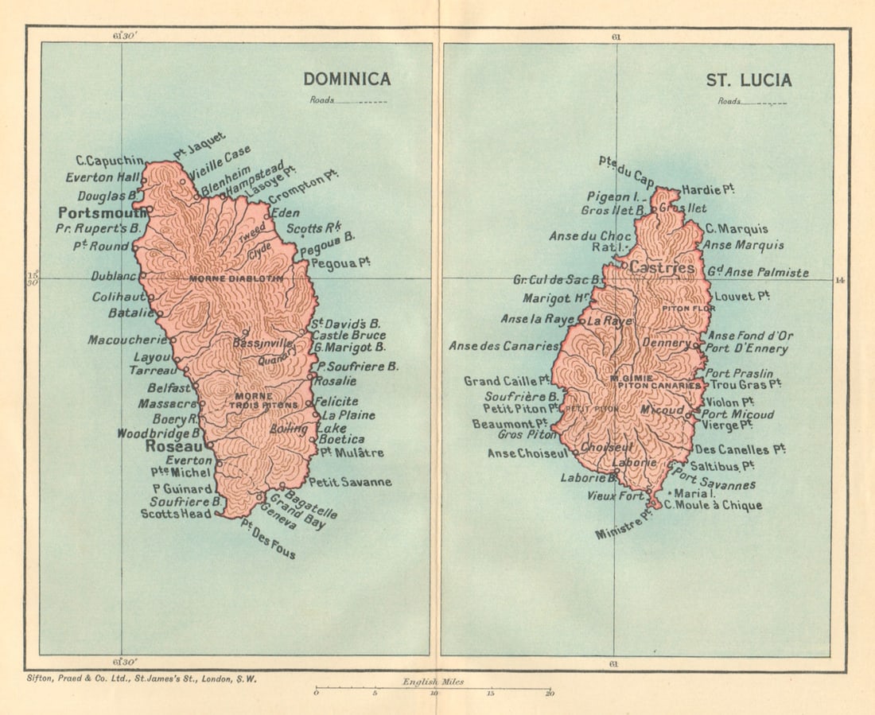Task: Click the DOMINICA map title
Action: tap(346, 80)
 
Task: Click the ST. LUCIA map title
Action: tap(749, 80)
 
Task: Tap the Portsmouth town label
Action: tap(100, 213)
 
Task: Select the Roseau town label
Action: tap(173, 447)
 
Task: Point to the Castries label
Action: tap(661, 269)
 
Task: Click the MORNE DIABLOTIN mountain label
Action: tap(236, 279)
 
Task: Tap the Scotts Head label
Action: tap(176, 514)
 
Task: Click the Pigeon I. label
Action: tap(613, 196)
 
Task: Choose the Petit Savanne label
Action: tap(350, 482)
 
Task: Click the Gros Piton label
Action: tap(527, 435)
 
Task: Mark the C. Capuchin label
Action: tap(110, 160)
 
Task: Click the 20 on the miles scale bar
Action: tap(549, 694)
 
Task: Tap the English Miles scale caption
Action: tap(433, 682)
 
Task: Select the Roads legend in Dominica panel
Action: tap(348, 101)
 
